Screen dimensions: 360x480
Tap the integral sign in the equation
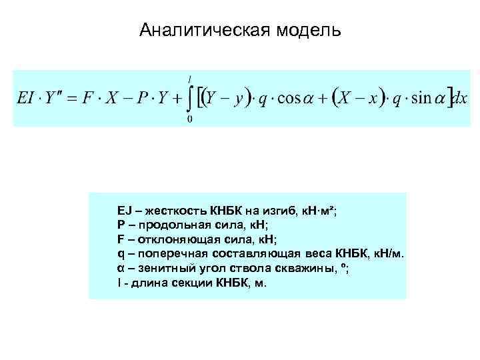pos(192,98)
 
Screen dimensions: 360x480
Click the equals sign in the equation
pos(70,98)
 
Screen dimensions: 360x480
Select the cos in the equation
pos(290,98)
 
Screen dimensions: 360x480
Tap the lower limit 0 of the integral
pos(191,120)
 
